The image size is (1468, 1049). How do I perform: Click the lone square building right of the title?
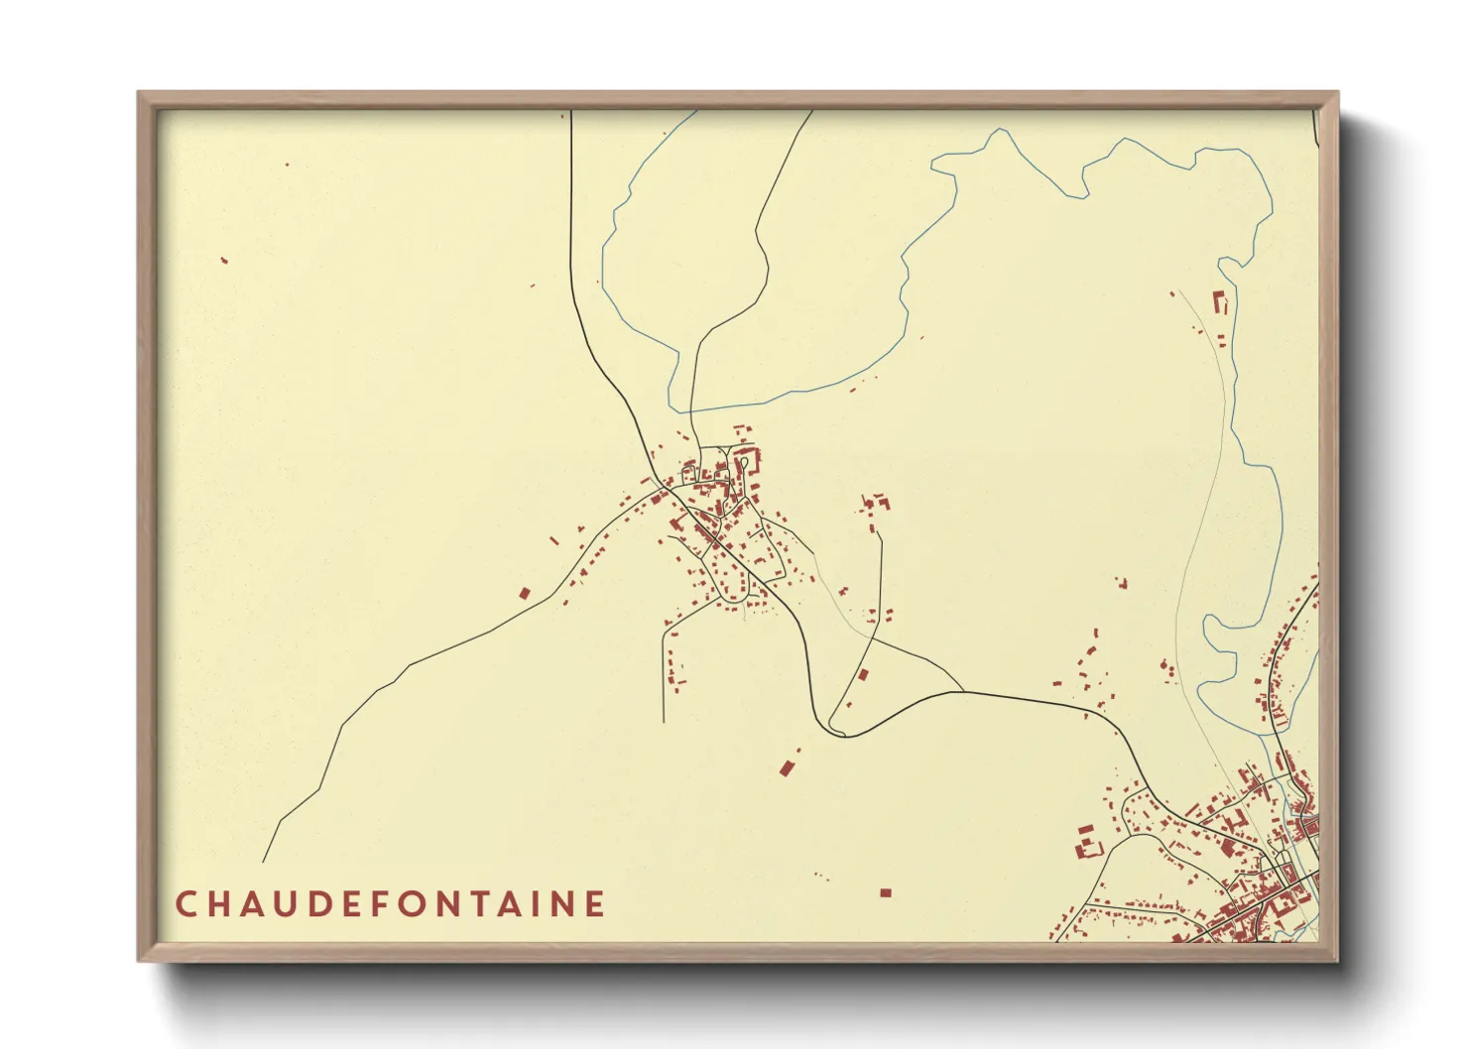point(886,893)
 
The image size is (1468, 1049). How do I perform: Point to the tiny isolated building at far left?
point(224,261)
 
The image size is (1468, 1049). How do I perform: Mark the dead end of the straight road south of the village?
point(663,721)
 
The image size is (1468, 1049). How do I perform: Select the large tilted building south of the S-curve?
point(788,766)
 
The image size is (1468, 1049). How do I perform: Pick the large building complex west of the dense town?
point(1088,843)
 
